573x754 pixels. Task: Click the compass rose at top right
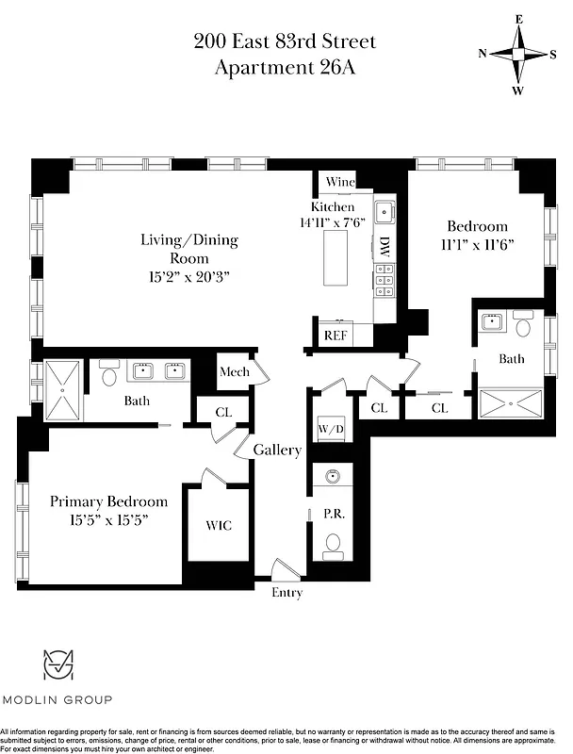click(517, 54)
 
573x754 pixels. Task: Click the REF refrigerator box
click(336, 335)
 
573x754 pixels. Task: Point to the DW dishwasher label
click(385, 247)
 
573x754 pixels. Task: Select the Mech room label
click(234, 372)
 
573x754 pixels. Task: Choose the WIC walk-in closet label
click(218, 525)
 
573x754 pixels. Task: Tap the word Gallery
click(277, 451)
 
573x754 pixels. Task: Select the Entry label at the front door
click(287, 593)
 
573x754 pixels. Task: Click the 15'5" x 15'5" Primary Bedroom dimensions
click(108, 519)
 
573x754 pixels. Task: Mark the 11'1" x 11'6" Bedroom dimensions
click(477, 244)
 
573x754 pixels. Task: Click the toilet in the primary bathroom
click(107, 377)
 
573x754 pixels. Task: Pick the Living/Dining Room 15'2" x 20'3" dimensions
click(189, 276)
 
